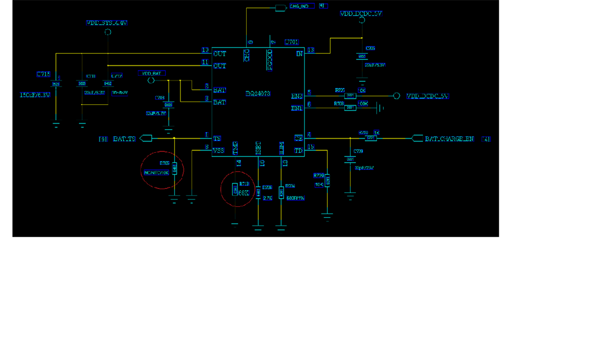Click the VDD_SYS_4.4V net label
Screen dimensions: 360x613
107,23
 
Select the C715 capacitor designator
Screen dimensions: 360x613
43,74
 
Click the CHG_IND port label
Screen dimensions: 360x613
302,6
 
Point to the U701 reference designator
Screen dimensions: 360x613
292,42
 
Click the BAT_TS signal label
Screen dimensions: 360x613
124,139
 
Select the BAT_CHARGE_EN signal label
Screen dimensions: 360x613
449,139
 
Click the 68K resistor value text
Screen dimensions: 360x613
244,192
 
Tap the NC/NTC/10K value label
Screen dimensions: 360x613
156,173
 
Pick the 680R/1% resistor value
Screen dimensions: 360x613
296,198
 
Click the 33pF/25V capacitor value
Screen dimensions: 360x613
364,168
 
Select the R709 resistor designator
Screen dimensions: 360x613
318,176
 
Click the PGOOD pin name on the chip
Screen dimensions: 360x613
270,59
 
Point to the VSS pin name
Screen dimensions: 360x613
219,150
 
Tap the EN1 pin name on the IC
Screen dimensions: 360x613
297,108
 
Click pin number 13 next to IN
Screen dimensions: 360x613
310,50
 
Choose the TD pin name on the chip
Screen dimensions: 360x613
299,150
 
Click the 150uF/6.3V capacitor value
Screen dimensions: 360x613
35,95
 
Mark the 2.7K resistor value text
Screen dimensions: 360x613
267,198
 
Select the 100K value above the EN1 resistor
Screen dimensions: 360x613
363,103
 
